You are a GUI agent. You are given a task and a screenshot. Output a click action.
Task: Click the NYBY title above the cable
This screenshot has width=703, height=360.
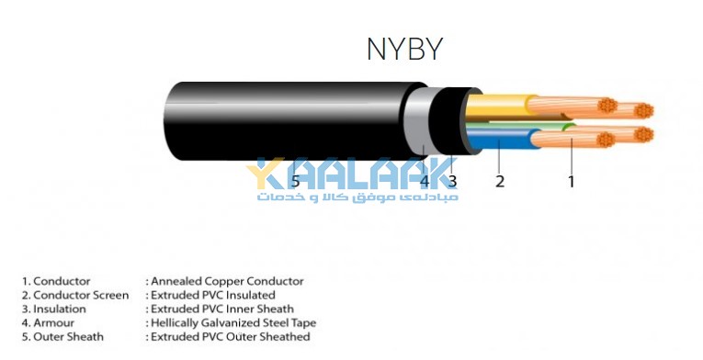(405, 49)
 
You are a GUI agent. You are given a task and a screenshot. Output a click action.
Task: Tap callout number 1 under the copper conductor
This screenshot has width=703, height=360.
(572, 182)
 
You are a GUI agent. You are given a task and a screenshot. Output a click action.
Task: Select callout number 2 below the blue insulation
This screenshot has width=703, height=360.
(500, 182)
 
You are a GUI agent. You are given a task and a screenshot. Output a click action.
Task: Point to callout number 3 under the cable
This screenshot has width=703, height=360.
(452, 182)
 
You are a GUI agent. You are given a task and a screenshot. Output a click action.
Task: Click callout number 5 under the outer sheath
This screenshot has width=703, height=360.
(295, 182)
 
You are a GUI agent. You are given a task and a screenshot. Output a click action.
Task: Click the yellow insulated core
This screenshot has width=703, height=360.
(500, 107)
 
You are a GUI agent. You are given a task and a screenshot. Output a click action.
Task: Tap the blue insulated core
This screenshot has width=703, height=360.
(502, 139)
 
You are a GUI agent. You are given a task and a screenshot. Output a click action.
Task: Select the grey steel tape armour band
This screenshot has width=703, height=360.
(417, 121)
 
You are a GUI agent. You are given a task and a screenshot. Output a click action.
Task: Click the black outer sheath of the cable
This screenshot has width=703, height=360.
(287, 121)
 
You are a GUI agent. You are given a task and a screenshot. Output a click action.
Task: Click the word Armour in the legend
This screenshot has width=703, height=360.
(54, 322)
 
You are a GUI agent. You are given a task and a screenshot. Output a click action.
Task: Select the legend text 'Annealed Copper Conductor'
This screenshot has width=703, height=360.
(227, 282)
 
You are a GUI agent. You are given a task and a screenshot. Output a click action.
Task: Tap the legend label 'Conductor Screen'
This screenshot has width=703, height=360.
(81, 296)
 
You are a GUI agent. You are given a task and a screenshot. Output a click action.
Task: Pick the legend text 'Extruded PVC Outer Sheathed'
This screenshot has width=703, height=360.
(231, 337)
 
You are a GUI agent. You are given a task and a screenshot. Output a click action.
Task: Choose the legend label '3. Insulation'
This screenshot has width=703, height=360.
(54, 309)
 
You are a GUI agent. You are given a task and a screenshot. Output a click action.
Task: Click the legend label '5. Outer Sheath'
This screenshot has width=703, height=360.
(62, 337)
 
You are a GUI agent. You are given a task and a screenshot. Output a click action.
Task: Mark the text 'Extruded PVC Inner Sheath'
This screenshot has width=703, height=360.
(222, 309)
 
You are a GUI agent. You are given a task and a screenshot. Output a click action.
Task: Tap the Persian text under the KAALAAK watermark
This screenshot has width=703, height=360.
(357, 197)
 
